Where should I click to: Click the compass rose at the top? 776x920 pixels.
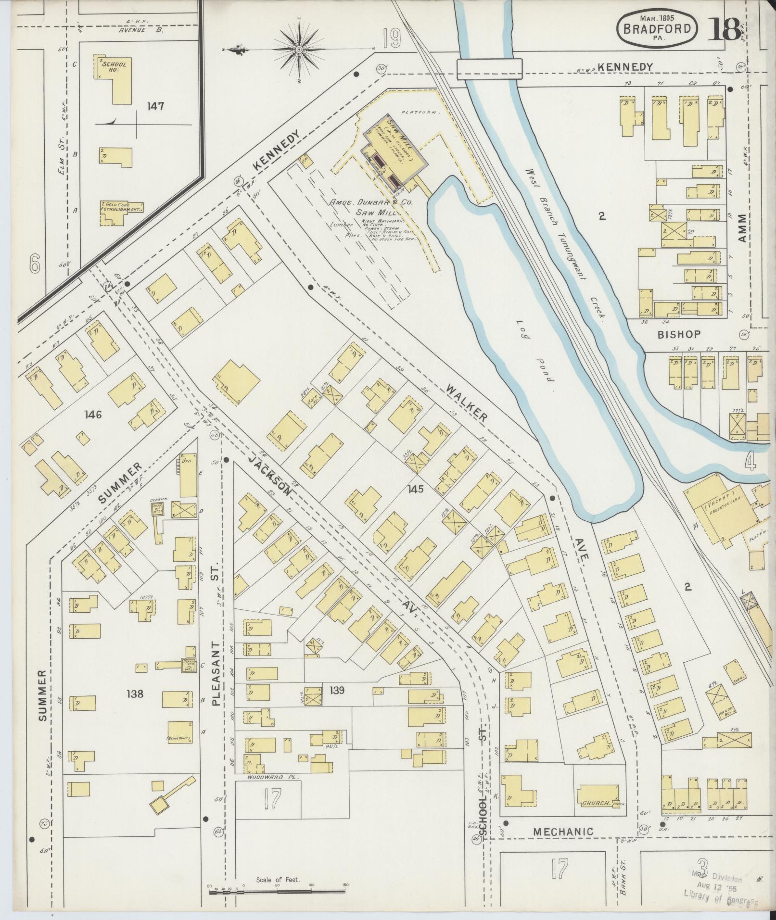click(299, 49)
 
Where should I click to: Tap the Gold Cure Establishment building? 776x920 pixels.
click(121, 213)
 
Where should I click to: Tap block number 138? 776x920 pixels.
click(135, 693)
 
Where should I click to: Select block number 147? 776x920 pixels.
click(156, 106)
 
